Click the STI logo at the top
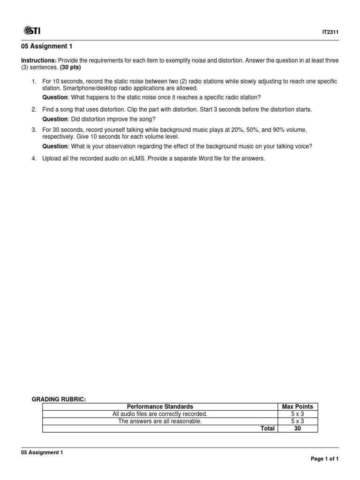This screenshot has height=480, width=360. click(31, 31)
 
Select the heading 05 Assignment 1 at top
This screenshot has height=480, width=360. click(47, 46)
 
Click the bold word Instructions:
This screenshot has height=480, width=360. click(39, 61)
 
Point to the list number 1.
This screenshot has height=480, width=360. click(34, 82)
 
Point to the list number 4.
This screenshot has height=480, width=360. click(34, 158)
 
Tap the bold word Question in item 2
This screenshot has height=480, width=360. click(55, 119)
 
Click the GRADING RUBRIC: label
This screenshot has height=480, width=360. click(59, 399)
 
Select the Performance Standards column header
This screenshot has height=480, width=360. click(160, 407)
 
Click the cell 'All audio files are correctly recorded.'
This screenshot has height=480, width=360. click(160, 414)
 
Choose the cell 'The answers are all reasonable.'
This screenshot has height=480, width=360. click(160, 421)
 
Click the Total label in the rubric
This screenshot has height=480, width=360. click(268, 428)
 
